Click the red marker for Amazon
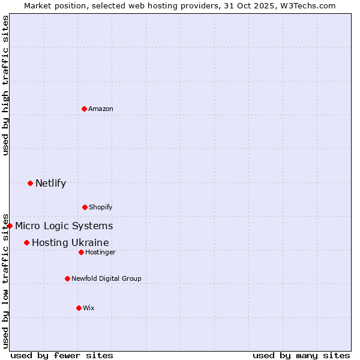point(84,109)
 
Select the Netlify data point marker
point(30,183)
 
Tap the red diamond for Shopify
point(85,207)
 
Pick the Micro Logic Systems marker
point(10,226)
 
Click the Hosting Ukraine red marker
point(26,242)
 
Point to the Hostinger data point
point(81,252)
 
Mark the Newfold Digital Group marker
point(67,278)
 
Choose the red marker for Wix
point(79,308)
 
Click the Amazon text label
point(101,109)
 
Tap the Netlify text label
point(50,183)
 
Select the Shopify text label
point(101,207)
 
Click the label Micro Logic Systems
point(64,226)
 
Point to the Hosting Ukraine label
point(70,242)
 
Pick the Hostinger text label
point(100,252)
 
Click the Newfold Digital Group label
point(106,278)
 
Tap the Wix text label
point(89,308)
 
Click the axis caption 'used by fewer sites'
point(62,355)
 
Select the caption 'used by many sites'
point(301,355)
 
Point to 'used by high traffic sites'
point(5,85)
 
